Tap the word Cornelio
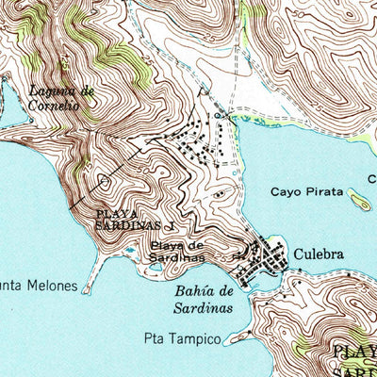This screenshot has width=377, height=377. pyautogui.click(x=52, y=107)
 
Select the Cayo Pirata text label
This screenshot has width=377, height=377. pyautogui.click(x=302, y=192)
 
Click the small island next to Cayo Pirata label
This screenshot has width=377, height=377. pyautogui.click(x=358, y=199)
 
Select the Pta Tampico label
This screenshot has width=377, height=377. pyautogui.click(x=182, y=337)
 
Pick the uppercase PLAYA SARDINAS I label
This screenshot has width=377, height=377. pyautogui.click(x=135, y=221)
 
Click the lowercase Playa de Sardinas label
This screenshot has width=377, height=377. pyautogui.click(x=176, y=252)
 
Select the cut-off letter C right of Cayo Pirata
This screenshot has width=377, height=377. pyautogui.click(x=371, y=178)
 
